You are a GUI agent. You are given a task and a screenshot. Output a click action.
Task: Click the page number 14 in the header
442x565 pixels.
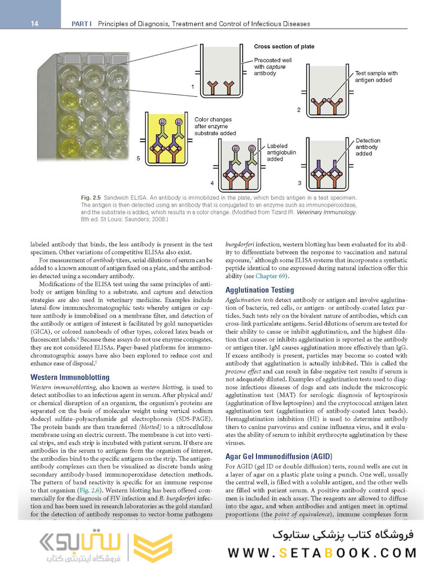(35, 24)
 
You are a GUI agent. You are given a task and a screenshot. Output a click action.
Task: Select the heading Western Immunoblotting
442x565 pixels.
(70, 377)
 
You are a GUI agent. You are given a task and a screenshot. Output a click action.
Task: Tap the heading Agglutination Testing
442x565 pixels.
(259, 290)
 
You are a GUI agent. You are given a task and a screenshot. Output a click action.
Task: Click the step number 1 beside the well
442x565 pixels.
(193, 85)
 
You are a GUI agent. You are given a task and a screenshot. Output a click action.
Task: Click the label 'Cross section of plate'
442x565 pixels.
(284, 47)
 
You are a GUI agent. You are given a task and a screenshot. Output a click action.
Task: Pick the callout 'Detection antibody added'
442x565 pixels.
(368, 147)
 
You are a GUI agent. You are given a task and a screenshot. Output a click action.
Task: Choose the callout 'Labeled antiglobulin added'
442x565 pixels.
(281, 152)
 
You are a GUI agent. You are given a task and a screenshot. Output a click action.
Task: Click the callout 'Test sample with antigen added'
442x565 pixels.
(376, 77)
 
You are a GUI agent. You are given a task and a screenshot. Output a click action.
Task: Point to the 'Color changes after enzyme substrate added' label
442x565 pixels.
(215, 126)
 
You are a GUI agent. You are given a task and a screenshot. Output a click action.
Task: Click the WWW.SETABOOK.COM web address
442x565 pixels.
(322, 552)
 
